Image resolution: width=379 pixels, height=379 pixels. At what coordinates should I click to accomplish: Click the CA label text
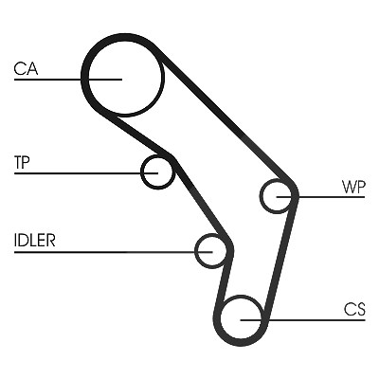pyautogui.click(x=26, y=69)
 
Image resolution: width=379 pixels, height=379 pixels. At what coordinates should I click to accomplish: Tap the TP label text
pyautogui.click(x=22, y=162)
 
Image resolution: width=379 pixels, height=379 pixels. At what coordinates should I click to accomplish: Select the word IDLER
pyautogui.click(x=35, y=241)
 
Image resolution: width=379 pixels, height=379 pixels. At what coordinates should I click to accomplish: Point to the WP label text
pyautogui.click(x=353, y=187)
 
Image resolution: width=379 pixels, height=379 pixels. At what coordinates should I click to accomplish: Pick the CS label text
pyautogui.click(x=354, y=310)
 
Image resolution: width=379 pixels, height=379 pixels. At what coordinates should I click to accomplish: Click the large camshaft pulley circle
pyautogui.click(x=87, y=79)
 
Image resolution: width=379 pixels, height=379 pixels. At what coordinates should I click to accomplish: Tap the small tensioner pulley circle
pyautogui.click(x=142, y=172)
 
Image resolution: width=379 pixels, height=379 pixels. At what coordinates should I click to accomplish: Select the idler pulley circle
pyautogui.click(x=196, y=251)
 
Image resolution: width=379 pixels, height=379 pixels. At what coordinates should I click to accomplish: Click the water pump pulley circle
pyautogui.click(x=261, y=196)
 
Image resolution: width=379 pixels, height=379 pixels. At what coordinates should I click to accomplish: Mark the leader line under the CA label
pyautogui.click(x=68, y=80)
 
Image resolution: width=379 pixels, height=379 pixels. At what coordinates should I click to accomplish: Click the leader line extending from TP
pyautogui.click(x=86, y=173)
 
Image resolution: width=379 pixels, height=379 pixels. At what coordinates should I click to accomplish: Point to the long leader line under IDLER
pyautogui.click(x=113, y=252)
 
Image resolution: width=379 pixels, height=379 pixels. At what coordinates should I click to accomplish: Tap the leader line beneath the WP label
pyautogui.click(x=320, y=197)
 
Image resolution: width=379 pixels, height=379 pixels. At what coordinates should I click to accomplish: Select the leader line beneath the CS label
pyautogui.click(x=302, y=320)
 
